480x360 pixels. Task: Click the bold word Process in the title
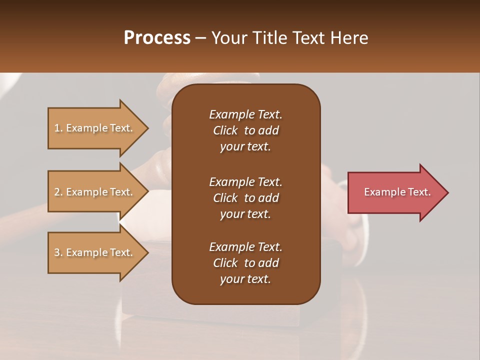tap(157, 38)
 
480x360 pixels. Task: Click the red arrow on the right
tap(395, 192)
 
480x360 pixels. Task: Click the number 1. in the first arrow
tap(58, 128)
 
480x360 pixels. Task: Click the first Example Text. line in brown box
tap(245, 114)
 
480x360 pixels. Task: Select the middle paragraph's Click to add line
tap(245, 198)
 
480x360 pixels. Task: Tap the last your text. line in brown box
tap(245, 279)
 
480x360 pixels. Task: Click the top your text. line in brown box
tap(245, 146)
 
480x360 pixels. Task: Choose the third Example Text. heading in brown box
tap(245, 247)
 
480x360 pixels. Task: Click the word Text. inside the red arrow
tap(418, 192)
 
